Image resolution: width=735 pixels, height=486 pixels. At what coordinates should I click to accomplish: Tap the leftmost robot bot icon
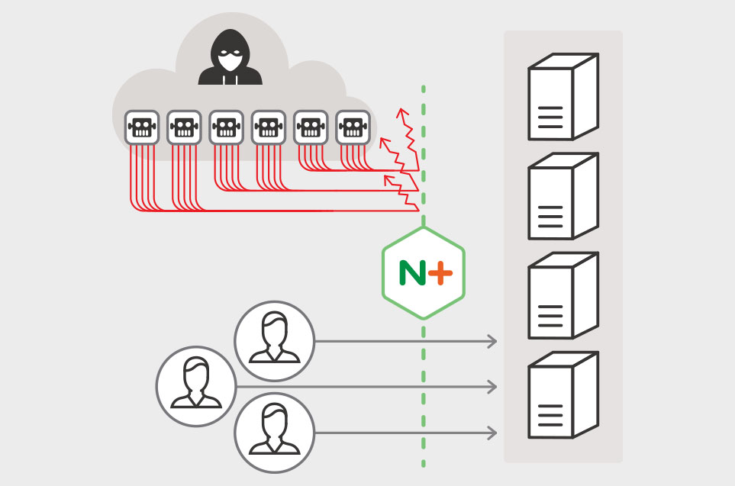click(141, 127)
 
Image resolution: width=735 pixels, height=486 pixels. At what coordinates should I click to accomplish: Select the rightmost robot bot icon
click(353, 127)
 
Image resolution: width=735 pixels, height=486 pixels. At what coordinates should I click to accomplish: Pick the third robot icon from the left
click(226, 127)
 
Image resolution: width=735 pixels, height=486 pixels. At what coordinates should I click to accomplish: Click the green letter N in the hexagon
click(412, 272)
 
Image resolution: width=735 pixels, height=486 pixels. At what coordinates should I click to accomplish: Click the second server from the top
click(563, 196)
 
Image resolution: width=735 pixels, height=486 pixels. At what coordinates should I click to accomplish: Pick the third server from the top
click(563, 295)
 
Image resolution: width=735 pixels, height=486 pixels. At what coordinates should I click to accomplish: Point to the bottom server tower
click(563, 394)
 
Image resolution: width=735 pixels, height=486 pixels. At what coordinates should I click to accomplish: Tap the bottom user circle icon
click(274, 433)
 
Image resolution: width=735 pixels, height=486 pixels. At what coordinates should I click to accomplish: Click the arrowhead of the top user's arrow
click(493, 341)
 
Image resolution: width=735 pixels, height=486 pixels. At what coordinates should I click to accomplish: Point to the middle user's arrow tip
click(493, 388)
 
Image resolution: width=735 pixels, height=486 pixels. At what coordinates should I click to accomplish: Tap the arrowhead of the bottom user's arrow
click(493, 434)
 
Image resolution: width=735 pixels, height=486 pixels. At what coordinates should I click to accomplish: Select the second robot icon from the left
click(183, 127)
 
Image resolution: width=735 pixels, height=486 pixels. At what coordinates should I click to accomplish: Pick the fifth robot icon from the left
click(310, 127)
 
